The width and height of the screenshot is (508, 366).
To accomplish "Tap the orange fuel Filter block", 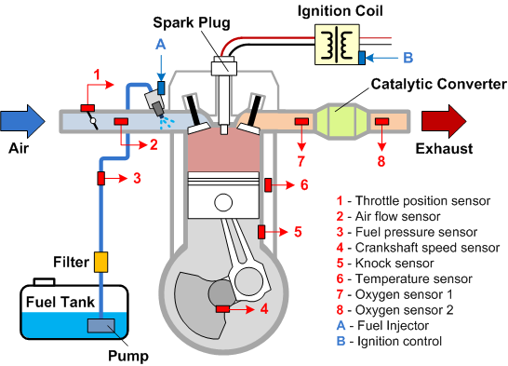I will coord(102,263).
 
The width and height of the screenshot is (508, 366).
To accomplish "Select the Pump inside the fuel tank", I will coord(100,326).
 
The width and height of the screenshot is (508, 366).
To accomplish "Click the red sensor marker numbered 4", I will coord(223,308).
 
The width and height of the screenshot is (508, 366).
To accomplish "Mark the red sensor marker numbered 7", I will coord(301,121).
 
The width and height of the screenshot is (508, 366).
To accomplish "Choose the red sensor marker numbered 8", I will coord(381,121).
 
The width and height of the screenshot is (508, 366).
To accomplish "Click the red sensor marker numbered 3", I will coord(103,178).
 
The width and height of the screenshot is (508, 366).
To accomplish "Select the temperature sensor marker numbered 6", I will coord(267,184).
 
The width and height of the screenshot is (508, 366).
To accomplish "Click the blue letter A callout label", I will coord(161,44).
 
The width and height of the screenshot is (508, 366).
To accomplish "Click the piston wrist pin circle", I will coord(221,202).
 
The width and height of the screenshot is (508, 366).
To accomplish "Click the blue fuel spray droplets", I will coord(168,122).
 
